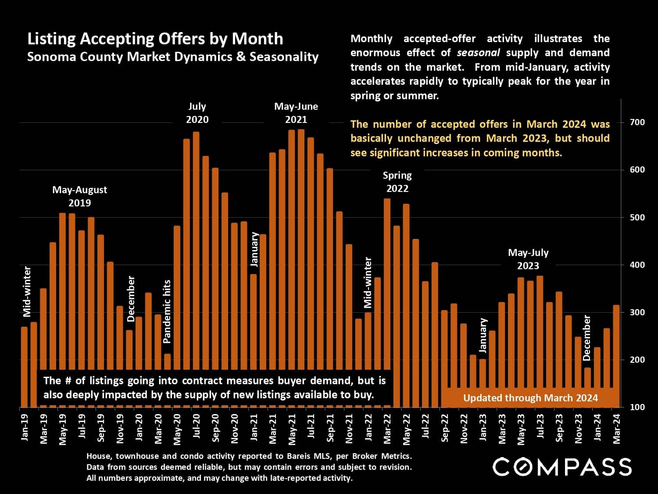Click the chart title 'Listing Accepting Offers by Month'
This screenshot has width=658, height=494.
click(155, 39)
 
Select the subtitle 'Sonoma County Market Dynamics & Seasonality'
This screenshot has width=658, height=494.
click(172, 57)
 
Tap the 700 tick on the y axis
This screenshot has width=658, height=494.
click(637, 122)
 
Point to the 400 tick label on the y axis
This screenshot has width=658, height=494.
click(637, 265)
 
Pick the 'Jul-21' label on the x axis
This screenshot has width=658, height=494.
click(311, 426)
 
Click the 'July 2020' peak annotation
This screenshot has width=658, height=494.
click(197, 113)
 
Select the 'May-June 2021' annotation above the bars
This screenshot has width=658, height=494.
click(296, 113)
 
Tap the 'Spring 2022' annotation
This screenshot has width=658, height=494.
click(397, 182)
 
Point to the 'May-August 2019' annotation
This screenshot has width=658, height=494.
click(79, 196)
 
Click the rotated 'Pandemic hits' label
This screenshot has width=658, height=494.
click(167, 311)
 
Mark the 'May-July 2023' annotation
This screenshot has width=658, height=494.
click(528, 259)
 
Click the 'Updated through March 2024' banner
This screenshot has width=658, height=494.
click(530, 398)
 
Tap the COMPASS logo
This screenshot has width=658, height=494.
click(562, 466)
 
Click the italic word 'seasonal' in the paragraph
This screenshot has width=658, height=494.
click(478, 53)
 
